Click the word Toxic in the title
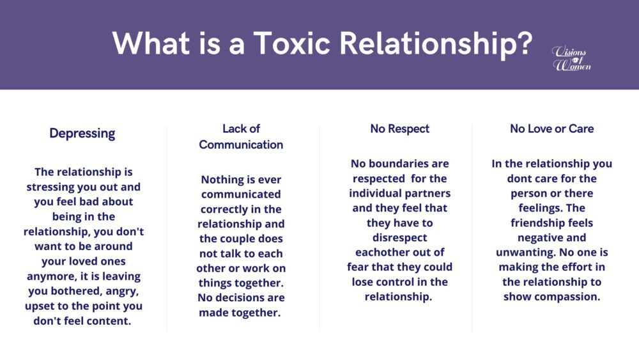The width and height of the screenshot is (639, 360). tap(292, 43)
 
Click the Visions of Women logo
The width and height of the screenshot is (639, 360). tap(571, 59)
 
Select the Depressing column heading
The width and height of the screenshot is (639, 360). tap(82, 134)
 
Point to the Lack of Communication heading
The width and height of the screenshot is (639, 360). tap(241, 137)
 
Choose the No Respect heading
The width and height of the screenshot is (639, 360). tap(400, 129)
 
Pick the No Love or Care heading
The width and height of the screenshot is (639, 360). tap(552, 129)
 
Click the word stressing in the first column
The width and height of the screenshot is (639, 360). tap(51, 187)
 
